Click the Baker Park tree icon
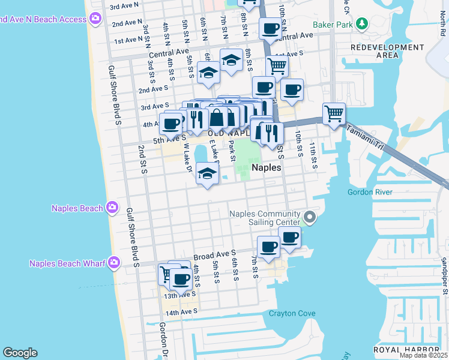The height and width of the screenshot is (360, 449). click(x=361, y=25)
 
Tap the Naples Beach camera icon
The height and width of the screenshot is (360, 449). click(x=112, y=208)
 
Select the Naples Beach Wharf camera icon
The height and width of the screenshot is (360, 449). click(x=112, y=263)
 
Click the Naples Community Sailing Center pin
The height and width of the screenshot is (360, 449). click(x=310, y=217)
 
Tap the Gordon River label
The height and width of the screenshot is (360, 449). click(x=370, y=192)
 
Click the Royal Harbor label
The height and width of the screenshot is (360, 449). click(x=407, y=350)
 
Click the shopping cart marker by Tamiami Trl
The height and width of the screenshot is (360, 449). click(x=334, y=113)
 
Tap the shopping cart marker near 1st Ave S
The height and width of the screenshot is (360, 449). click(x=277, y=66)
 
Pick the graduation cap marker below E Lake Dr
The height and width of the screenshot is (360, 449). click(x=207, y=175)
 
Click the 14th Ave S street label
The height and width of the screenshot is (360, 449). click(x=181, y=313)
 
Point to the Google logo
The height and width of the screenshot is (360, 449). click(x=20, y=353)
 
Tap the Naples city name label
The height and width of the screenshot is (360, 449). click(x=266, y=168)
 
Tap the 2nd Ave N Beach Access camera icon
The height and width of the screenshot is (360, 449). click(x=95, y=19)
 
